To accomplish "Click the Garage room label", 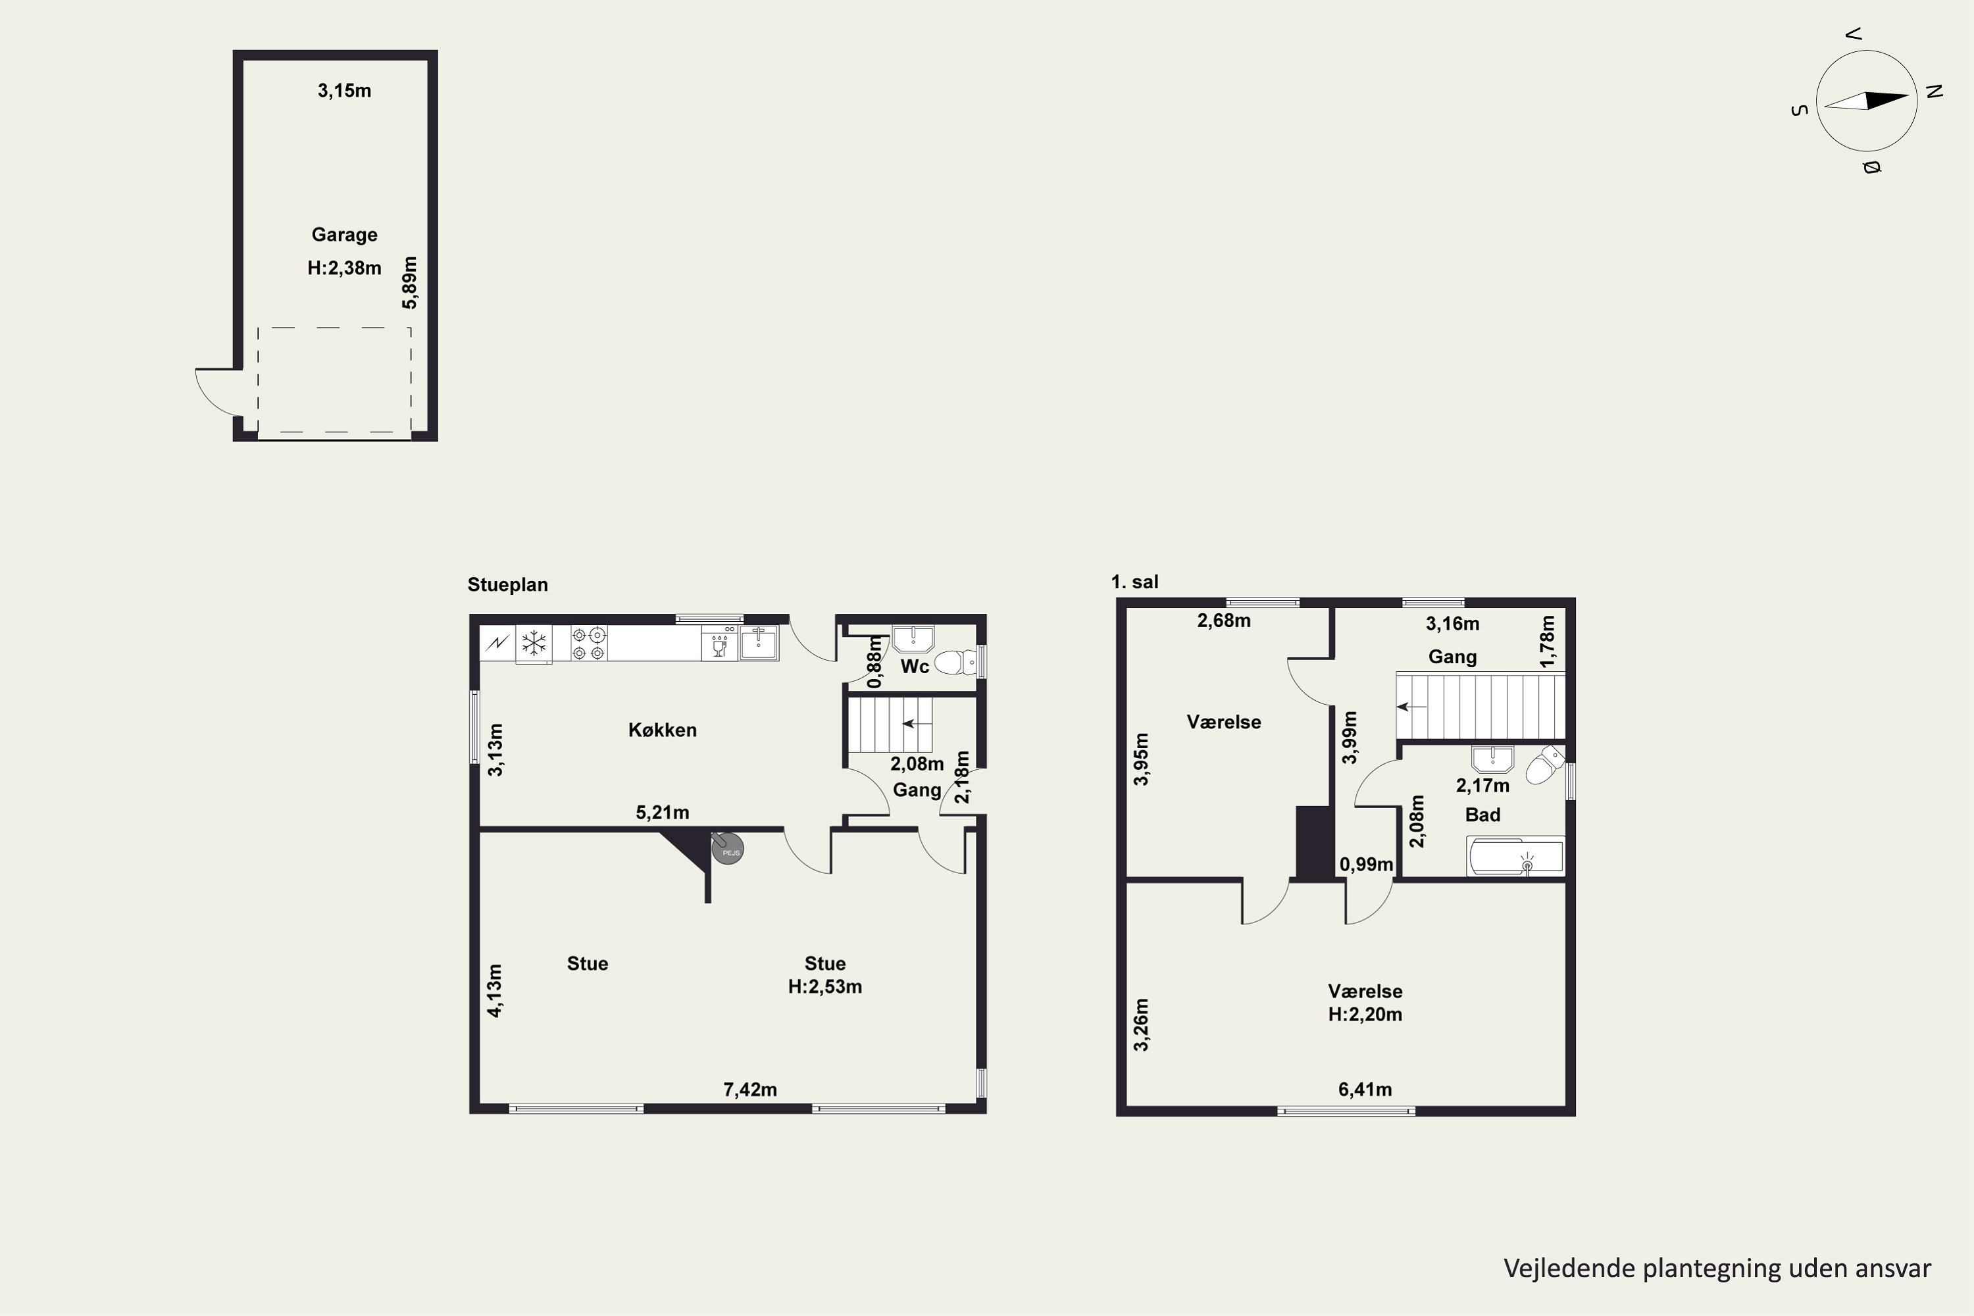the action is pos(344,235).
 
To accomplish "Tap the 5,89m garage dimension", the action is pos(409,283).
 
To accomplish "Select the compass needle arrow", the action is pos(1867,101).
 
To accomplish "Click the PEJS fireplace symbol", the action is pos(728,849).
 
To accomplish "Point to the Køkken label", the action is pos(662,730).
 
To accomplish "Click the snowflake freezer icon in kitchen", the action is pos(534,644).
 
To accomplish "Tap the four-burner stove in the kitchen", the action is pos(588,644).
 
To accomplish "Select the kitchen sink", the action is pos(759,643).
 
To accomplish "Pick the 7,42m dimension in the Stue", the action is pos(750,1090).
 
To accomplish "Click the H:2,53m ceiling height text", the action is pos(825,987).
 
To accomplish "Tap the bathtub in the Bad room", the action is pos(1515,857).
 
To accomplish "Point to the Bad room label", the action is pos(1483,815).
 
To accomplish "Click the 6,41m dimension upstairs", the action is pos(1365,1090).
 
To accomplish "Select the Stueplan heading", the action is pos(508,585).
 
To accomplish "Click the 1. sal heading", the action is pos(1134,582).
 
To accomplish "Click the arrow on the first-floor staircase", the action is pos(1411,707).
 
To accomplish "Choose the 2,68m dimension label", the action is pos(1224,621).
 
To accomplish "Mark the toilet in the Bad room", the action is pos(1545,765).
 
